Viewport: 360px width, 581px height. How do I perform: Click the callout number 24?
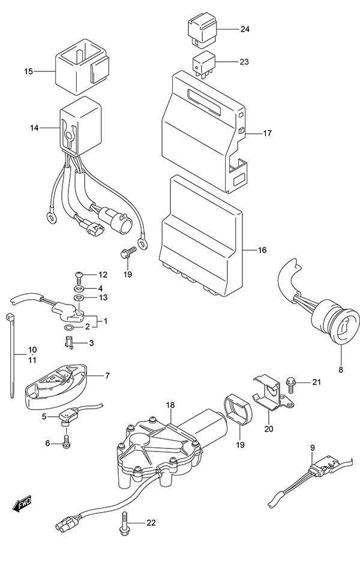point(245,29)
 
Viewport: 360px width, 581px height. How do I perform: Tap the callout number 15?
point(28,72)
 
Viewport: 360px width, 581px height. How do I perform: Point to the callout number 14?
point(34,128)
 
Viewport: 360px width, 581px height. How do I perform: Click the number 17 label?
point(267,133)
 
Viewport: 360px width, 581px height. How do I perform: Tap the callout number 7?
point(107,376)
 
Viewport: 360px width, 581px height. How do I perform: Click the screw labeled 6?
point(67,442)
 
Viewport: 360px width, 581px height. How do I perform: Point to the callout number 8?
point(340,369)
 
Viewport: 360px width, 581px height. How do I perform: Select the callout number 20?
point(268,429)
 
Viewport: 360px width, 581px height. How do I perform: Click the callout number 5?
point(44,416)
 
